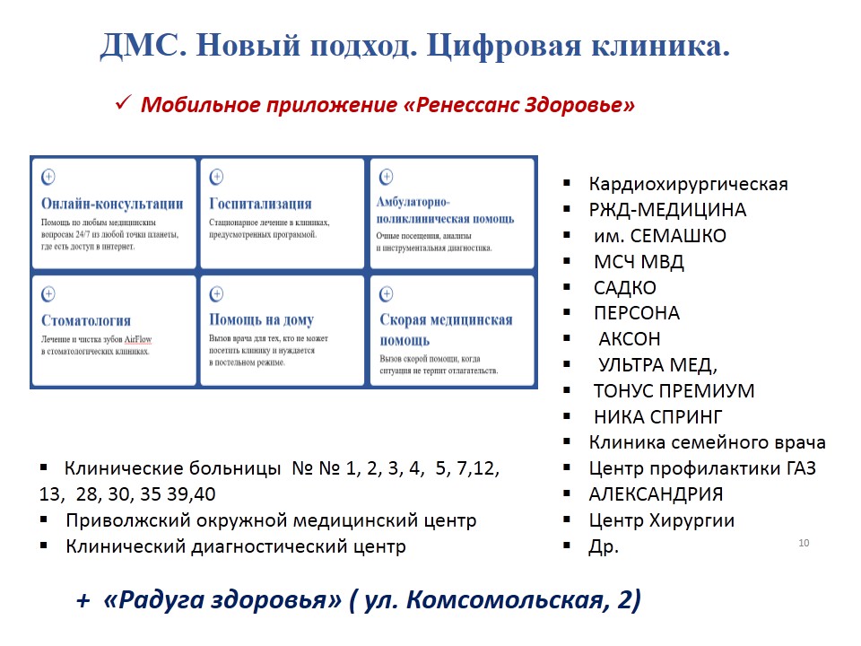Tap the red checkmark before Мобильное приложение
click(123, 102)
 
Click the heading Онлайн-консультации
click(113, 204)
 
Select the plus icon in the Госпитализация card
click(216, 177)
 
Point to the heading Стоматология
click(86, 320)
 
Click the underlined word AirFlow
click(138, 339)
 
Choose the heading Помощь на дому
click(261, 319)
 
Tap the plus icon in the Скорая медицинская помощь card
click(386, 294)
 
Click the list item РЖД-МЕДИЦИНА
click(667, 210)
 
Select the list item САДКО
click(625, 288)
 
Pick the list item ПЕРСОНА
click(637, 313)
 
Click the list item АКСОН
click(630, 339)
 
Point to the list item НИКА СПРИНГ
click(657, 417)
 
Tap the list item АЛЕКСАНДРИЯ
click(656, 494)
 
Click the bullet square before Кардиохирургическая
click(567, 183)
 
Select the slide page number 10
click(804, 543)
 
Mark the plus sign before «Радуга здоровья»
click(83, 600)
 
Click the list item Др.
click(604, 546)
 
